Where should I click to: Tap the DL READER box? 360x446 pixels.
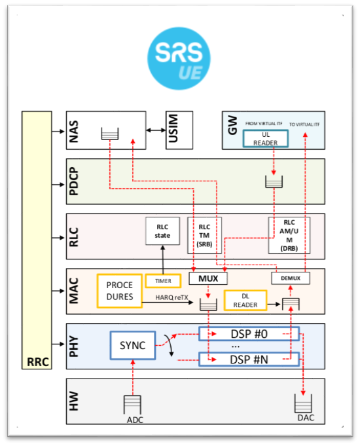tap(246, 301)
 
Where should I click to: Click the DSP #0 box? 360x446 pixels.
tap(248, 334)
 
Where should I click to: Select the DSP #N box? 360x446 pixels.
tap(248, 359)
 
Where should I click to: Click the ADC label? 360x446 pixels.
tap(134, 420)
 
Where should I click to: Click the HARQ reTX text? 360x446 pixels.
tap(174, 297)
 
